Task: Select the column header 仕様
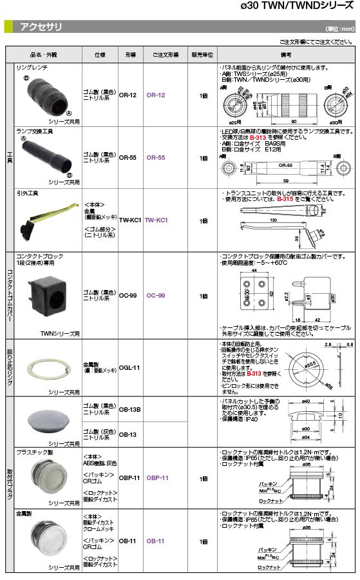tap(99, 55)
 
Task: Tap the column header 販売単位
tap(202, 55)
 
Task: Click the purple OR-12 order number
tap(156, 95)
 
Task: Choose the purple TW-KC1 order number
tap(156, 220)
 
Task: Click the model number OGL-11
tap(129, 367)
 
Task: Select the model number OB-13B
tap(129, 410)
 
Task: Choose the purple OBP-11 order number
tap(157, 478)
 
